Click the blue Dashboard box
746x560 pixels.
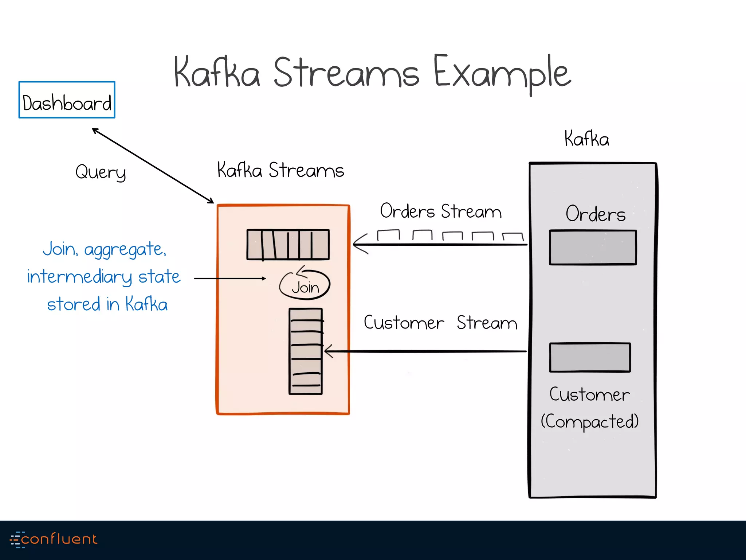[x=67, y=100]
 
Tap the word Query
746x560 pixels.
[x=101, y=172]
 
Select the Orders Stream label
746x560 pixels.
[x=441, y=211]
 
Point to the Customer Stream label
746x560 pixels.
[x=440, y=323]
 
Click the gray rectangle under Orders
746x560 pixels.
[x=593, y=248]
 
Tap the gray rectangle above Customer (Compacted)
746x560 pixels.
[x=590, y=357]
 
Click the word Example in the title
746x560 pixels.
[x=502, y=73]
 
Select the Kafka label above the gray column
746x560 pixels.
[x=586, y=139]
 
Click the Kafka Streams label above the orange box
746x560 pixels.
[x=280, y=170]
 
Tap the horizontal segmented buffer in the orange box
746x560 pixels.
[x=288, y=244]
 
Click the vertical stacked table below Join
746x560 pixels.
[x=306, y=351]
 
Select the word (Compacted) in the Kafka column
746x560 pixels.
[x=590, y=421]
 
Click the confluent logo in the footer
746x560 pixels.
[x=54, y=539]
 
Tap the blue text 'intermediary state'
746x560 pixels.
[x=104, y=277]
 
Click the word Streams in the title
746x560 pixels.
[x=346, y=73]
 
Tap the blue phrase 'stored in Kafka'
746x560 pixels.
[x=107, y=304]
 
